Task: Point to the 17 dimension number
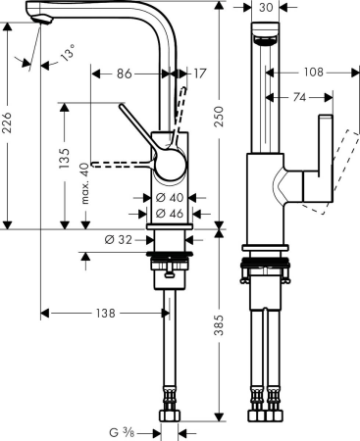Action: [x=200, y=73]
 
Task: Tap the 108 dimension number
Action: [x=311, y=73]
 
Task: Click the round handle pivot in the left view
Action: [x=169, y=164]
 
